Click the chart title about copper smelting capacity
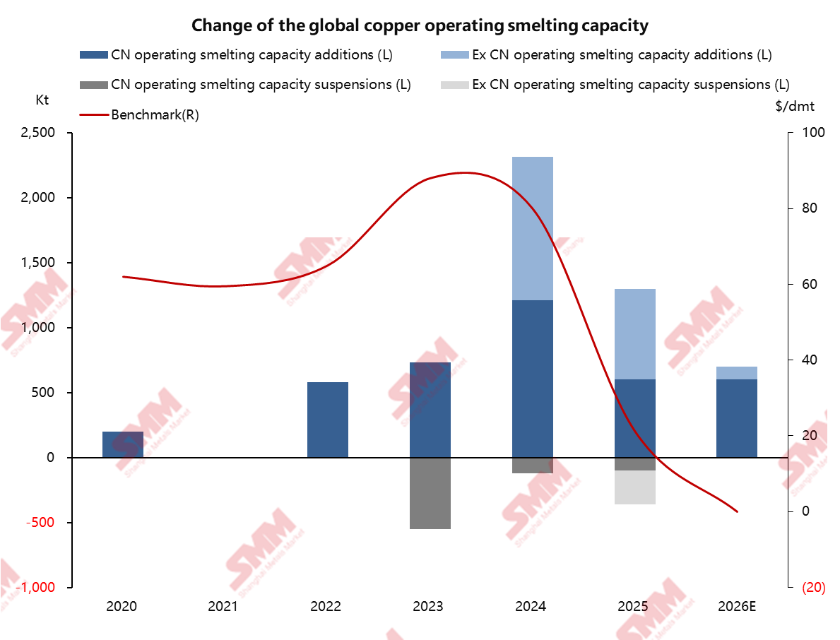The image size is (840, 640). (420, 26)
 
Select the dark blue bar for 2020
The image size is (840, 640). (123, 444)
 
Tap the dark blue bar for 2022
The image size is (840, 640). (328, 420)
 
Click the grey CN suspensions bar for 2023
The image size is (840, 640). (430, 493)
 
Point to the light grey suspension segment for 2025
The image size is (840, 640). (635, 487)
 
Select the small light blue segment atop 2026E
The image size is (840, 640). (737, 373)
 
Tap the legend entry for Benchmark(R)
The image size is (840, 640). (155, 115)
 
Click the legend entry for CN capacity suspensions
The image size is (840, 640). (261, 85)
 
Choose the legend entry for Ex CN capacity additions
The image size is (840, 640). (622, 54)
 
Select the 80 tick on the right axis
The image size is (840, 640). (806, 208)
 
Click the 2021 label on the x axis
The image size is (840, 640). (225, 606)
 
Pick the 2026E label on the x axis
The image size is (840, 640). (737, 606)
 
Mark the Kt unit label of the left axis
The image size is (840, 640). (43, 100)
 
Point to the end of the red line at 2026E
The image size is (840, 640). (737, 511)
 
